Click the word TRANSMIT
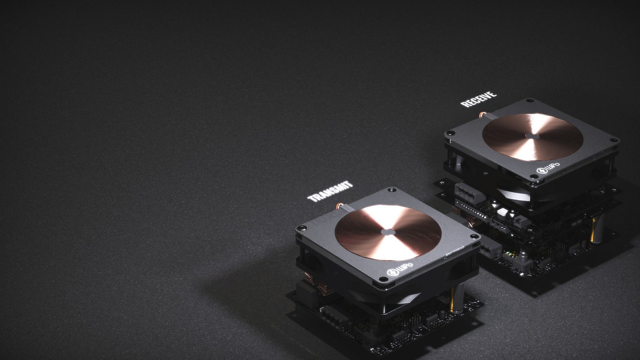tap(330, 192)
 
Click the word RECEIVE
tap(479, 99)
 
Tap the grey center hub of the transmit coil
tap(388, 232)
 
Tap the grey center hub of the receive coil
tap(532, 136)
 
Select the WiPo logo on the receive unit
tap(548, 168)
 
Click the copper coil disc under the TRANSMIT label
tap(388, 233)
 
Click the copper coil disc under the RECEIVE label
tap(533, 137)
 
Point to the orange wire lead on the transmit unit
tap(340, 206)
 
